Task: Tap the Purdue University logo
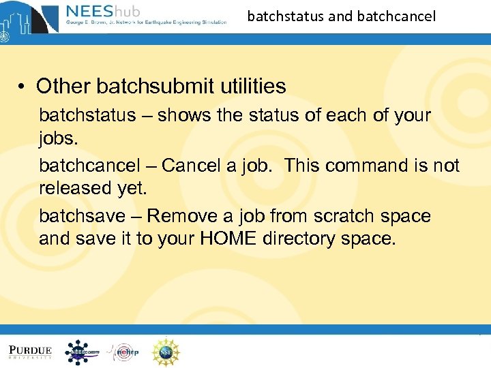(31, 352)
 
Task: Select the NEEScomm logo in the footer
(82, 352)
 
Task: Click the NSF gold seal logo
(165, 352)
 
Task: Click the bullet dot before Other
(23, 87)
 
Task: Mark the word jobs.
(59, 138)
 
